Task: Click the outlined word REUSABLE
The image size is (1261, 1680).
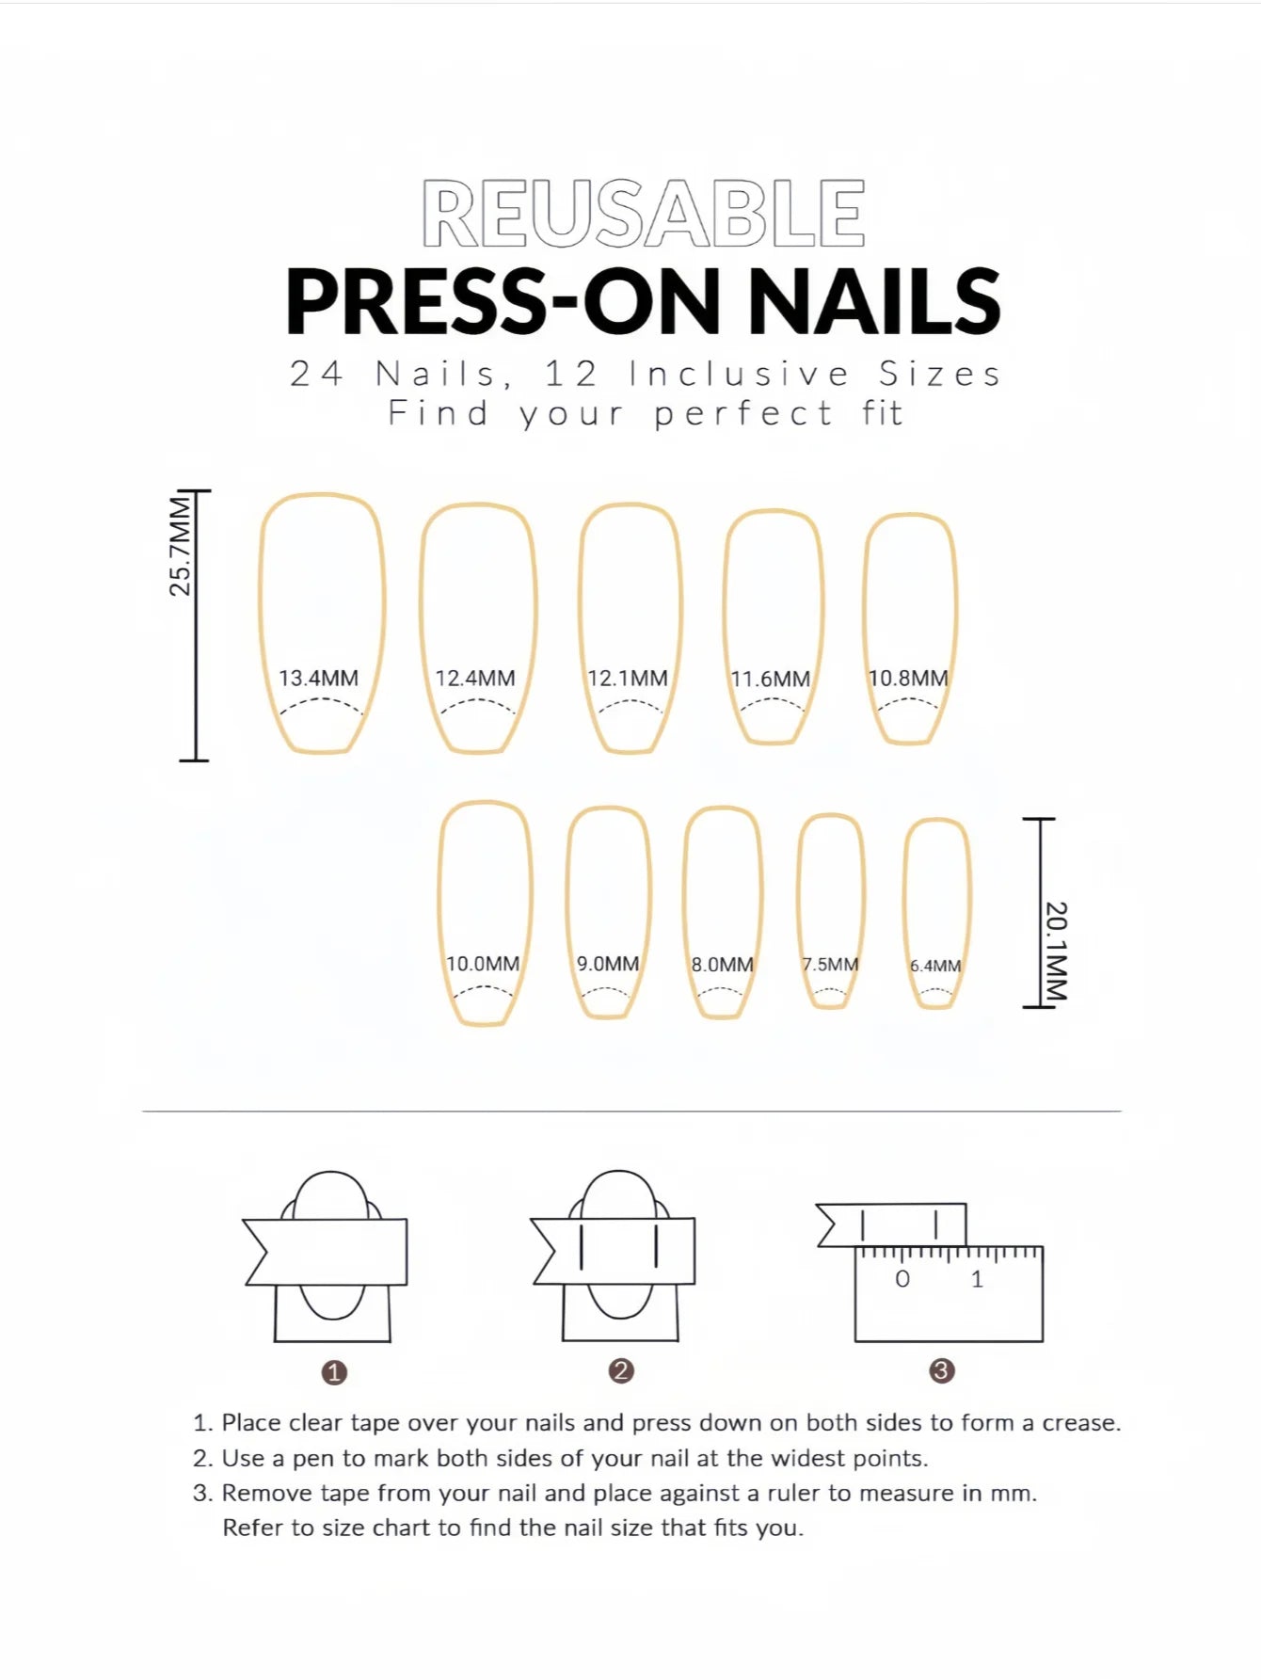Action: tap(644, 214)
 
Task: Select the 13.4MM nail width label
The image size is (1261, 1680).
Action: tap(318, 678)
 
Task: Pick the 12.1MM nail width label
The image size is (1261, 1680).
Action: tap(628, 678)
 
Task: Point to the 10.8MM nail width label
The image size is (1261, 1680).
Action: tap(908, 678)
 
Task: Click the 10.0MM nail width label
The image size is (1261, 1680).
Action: tap(483, 964)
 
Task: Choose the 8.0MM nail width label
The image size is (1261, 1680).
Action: tap(723, 965)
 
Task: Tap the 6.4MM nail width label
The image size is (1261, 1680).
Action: tap(935, 966)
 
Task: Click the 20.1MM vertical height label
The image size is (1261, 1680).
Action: tap(1056, 952)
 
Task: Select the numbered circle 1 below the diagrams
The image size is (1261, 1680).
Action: tap(334, 1372)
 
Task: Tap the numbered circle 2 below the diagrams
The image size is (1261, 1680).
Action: tap(620, 1370)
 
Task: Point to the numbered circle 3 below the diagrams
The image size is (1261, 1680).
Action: tap(942, 1370)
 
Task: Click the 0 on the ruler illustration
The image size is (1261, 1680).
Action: tap(902, 1279)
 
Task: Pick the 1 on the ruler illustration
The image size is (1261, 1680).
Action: tap(977, 1279)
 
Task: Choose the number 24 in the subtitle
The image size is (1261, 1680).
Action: tap(316, 374)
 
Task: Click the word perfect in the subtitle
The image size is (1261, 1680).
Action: tap(743, 413)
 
